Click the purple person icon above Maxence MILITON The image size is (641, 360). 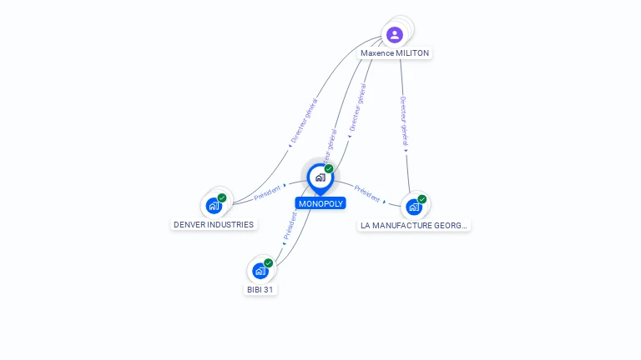[x=395, y=35]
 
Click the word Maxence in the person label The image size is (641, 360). [x=378, y=53]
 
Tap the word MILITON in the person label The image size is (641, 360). [x=413, y=53]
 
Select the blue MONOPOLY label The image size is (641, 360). [x=320, y=203]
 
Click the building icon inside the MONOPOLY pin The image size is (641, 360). [x=320, y=177]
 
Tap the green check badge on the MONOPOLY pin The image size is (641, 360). [x=329, y=168]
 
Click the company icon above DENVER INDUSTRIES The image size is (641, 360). [x=214, y=205]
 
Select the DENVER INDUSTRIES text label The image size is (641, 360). [x=214, y=225]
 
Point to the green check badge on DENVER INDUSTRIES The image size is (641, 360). [x=222, y=197]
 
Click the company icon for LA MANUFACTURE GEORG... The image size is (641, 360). [x=414, y=207]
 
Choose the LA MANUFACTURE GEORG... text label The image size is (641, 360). [x=414, y=225]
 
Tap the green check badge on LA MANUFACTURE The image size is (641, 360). [x=422, y=199]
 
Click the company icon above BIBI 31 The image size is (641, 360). [x=260, y=271]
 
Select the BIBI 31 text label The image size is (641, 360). [x=260, y=290]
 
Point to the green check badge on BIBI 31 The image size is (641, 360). [x=268, y=263]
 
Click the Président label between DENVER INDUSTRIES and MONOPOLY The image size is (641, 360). [x=268, y=192]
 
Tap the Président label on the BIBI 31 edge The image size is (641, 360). [x=290, y=226]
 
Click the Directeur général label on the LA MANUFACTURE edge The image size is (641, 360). [x=403, y=122]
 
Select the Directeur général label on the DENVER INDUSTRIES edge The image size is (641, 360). [x=304, y=122]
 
